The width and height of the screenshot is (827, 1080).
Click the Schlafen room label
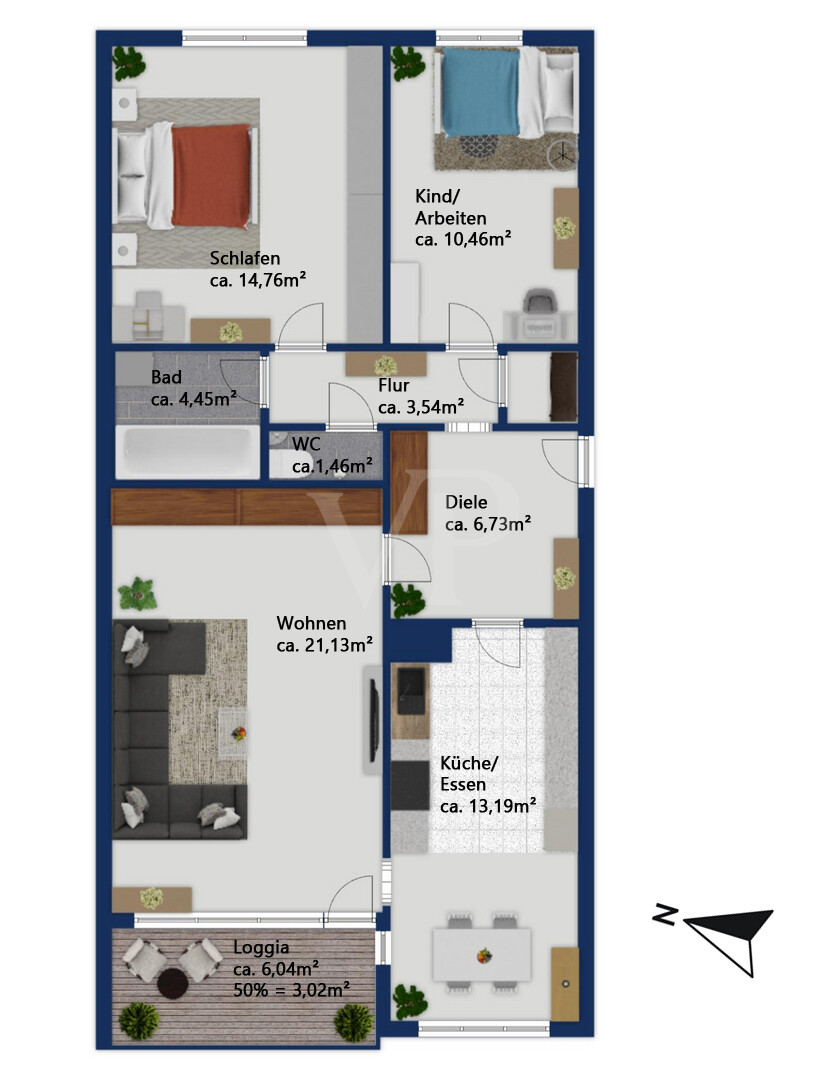pos(244,258)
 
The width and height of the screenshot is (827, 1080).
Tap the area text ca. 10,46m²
pos(463,239)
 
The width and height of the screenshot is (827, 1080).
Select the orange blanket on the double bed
pos(211,175)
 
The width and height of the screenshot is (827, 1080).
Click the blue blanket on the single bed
pos(480,92)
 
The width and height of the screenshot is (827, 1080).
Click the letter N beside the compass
pos(664,914)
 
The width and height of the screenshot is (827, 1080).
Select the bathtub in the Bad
pos(187,452)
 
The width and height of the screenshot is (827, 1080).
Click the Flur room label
pos(393,385)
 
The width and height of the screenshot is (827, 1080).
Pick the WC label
pos(306,444)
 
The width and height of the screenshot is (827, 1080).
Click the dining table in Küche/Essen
pos(481,954)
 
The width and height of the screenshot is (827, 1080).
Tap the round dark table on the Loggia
pos(173,983)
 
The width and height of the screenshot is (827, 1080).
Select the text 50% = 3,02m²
pos(291,990)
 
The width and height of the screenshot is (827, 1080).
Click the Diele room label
pos(465,502)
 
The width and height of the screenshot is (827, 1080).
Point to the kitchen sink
pos(410,690)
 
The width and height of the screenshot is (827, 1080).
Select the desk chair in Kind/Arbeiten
pos(538,304)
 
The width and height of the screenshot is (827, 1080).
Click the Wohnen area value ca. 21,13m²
pos(325,645)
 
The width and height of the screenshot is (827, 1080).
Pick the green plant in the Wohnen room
pos(138,594)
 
